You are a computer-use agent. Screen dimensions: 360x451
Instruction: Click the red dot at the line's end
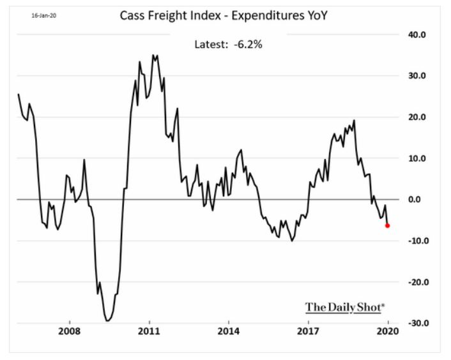coord(387,225)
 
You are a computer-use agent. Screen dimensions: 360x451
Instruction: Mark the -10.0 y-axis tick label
coord(415,241)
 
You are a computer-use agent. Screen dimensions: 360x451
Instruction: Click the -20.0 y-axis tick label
coord(415,281)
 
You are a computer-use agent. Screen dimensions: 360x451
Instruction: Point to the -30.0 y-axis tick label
coord(415,323)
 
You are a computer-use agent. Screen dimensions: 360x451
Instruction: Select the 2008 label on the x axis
coord(69,333)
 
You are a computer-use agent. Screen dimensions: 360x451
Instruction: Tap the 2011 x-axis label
coord(149,333)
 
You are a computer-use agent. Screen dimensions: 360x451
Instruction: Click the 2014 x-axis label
coord(228,333)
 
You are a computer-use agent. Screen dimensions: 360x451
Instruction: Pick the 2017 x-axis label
coord(308,333)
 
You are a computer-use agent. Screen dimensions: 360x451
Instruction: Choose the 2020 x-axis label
coord(387,333)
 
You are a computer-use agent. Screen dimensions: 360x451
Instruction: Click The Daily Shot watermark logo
coord(345,307)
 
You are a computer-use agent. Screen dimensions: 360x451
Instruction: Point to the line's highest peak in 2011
coord(153,55)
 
